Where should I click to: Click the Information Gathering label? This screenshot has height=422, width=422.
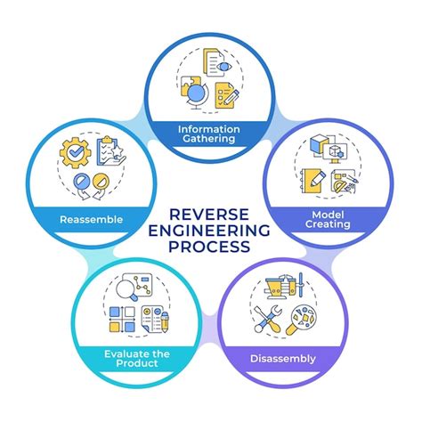[x=211, y=134]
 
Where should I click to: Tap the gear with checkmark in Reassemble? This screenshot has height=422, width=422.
[x=75, y=154]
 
